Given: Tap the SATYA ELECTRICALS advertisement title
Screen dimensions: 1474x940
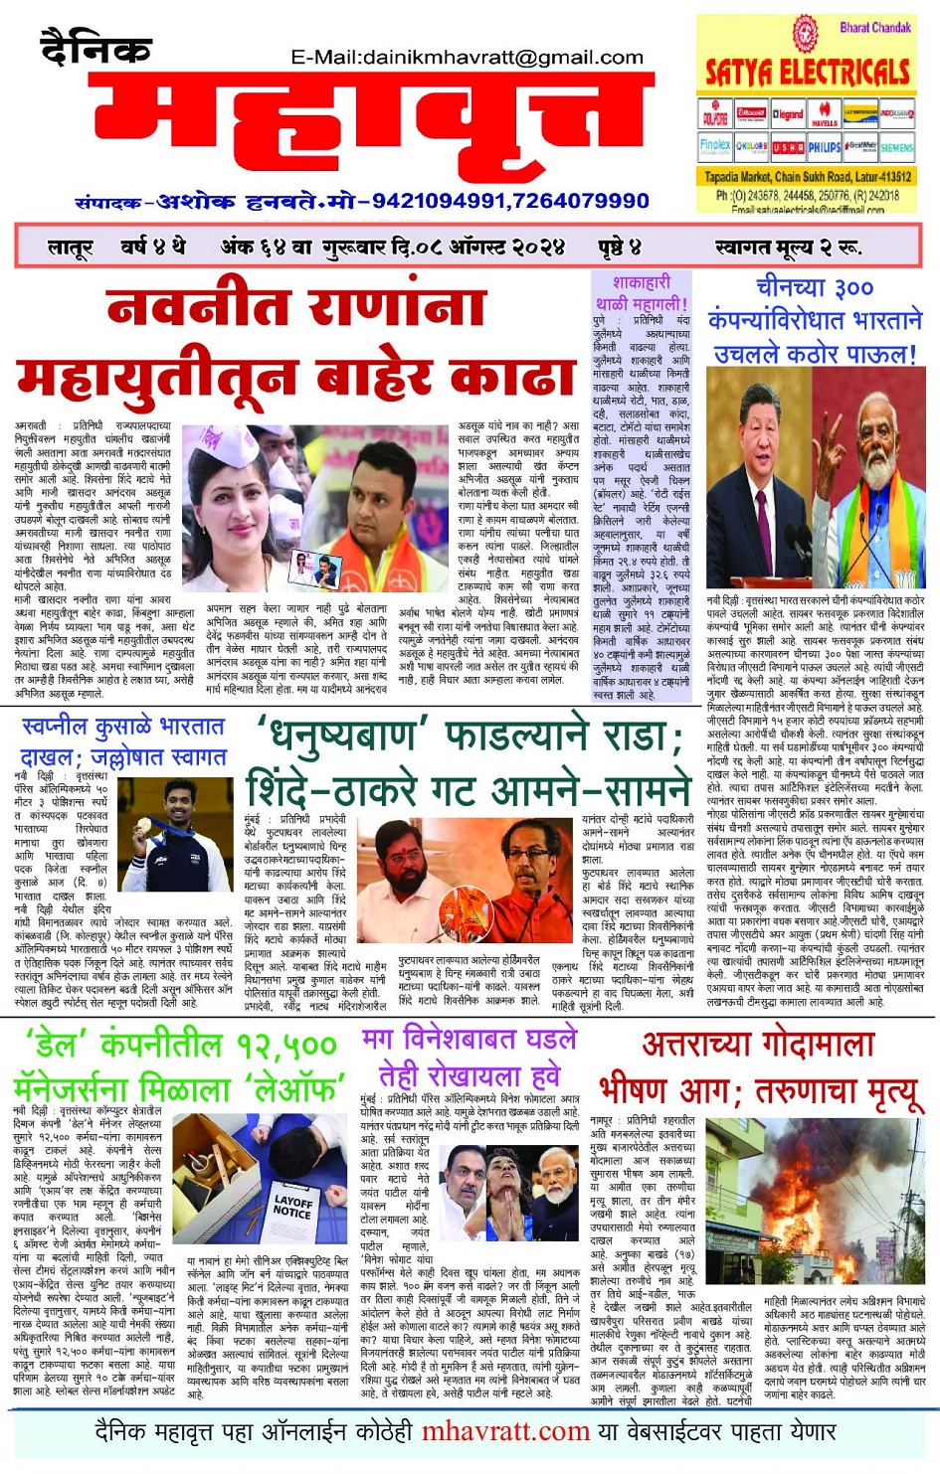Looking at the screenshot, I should pyautogui.click(x=807, y=73).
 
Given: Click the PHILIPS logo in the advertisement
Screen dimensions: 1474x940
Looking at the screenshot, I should pyautogui.click(x=824, y=147).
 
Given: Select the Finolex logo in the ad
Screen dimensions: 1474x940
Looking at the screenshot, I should pyautogui.click(x=714, y=146).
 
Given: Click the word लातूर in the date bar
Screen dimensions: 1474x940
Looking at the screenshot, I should pyautogui.click(x=70, y=246).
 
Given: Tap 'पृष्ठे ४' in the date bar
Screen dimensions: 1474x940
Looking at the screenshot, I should pyautogui.click(x=619, y=246).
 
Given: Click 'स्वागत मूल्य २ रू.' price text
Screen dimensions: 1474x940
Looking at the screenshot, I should pyautogui.click(x=787, y=246).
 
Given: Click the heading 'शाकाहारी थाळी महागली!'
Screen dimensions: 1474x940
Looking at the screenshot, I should pyautogui.click(x=641, y=292).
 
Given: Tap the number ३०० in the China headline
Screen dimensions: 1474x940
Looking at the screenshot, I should pyautogui.click(x=852, y=289).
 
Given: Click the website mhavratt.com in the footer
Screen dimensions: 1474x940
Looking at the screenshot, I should pyautogui.click(x=505, y=1431).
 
